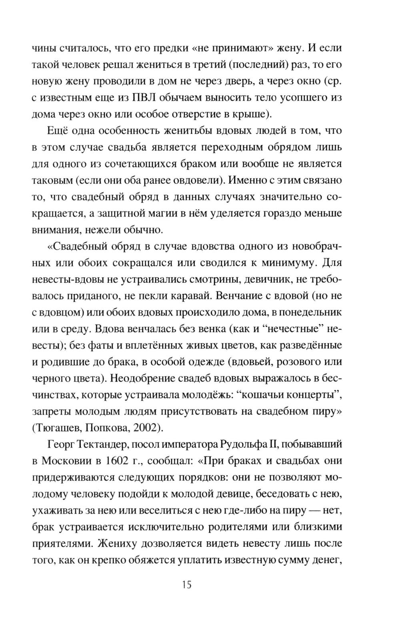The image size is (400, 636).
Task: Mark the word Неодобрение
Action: pyautogui.click(x=149, y=378)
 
